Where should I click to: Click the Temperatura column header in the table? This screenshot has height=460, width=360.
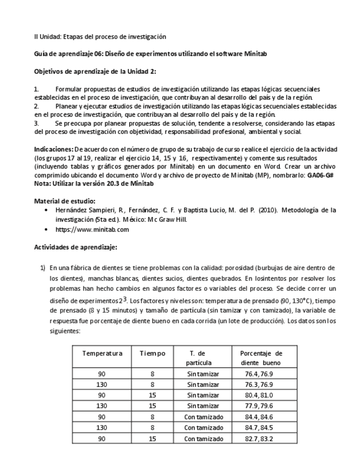(102, 353)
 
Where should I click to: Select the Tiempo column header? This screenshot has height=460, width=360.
(152, 353)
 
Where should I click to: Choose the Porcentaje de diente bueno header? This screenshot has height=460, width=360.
(261, 358)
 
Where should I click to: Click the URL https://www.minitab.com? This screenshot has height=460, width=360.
(92, 229)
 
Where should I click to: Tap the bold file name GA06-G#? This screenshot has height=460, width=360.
(322, 175)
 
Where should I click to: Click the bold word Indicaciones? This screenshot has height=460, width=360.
(53, 149)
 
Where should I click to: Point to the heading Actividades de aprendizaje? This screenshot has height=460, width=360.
(75, 247)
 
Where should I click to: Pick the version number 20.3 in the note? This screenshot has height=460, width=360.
(123, 183)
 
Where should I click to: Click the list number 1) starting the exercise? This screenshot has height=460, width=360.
(42, 268)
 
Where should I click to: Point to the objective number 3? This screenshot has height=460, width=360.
(36, 123)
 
